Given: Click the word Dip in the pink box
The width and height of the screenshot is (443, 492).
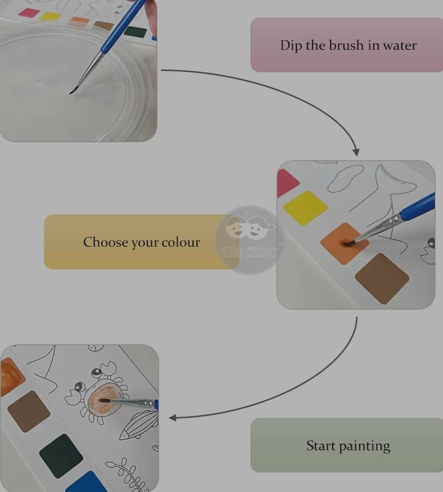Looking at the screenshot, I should click(x=291, y=45).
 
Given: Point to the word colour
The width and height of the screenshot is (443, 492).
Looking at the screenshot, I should click(x=181, y=242).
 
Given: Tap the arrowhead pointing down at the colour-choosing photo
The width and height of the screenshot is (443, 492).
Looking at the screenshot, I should click(x=356, y=152).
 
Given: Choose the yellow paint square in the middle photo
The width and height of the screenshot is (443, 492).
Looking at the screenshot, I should click(x=305, y=208).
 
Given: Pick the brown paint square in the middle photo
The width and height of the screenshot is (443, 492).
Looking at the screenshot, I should click(x=382, y=279).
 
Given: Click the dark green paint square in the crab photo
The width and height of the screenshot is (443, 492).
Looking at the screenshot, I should click(x=61, y=456).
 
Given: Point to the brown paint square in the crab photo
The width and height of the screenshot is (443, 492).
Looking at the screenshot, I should click(x=29, y=411).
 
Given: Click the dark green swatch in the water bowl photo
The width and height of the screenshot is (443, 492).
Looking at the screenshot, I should click(x=136, y=32).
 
